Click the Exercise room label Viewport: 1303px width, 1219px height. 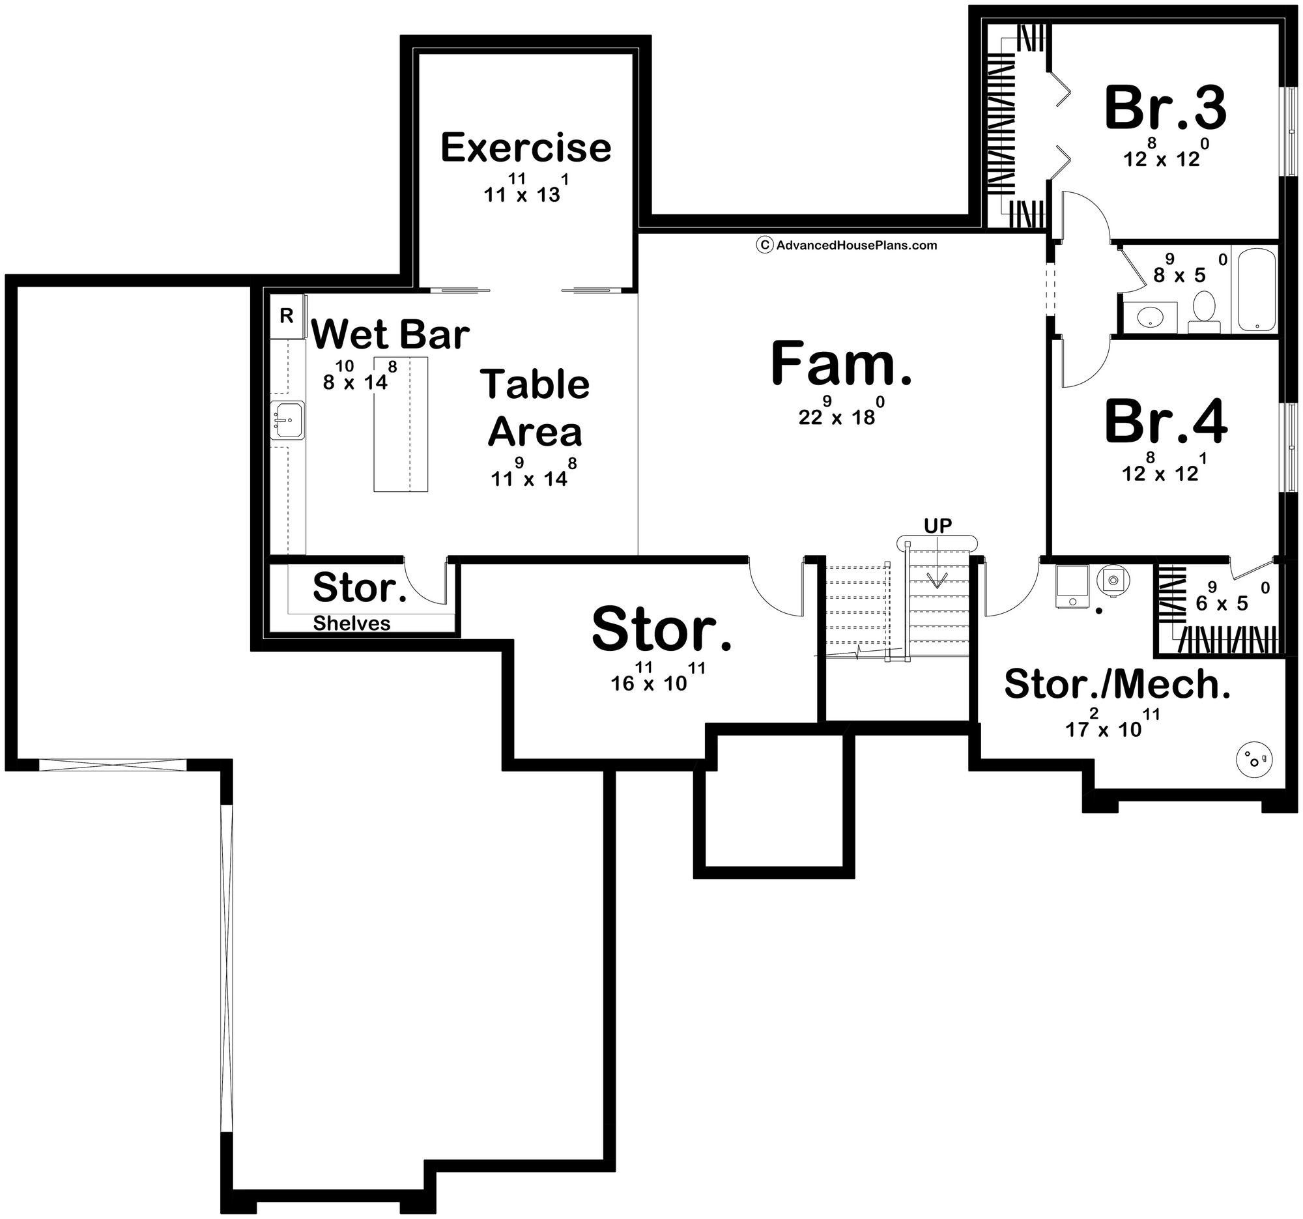point(526,147)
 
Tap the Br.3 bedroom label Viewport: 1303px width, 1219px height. point(1165,109)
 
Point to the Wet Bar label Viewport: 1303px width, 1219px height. point(390,335)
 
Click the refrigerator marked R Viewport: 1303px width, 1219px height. point(287,317)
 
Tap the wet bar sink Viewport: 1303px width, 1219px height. point(287,420)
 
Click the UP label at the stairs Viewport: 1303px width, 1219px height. point(938,525)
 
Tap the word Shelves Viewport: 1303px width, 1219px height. point(351,624)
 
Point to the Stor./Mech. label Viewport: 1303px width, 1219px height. point(1117,685)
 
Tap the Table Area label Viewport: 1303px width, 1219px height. point(535,408)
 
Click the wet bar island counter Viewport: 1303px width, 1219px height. point(401,424)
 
